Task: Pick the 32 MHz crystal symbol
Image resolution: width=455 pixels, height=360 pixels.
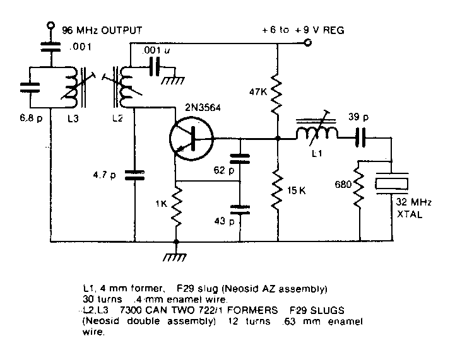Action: coord(392,183)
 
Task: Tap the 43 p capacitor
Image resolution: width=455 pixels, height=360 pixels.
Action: coord(239,209)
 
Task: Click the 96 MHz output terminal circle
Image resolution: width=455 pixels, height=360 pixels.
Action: coord(50,26)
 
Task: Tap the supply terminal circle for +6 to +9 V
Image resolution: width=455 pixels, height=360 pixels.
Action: coord(308,43)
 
